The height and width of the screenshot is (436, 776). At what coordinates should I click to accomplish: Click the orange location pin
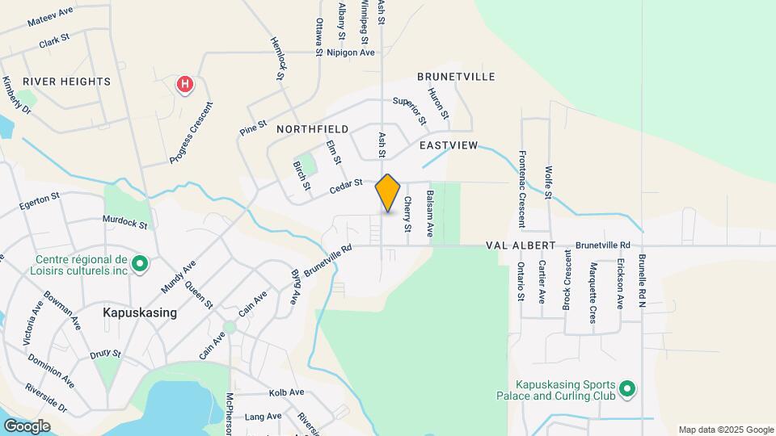pyautogui.click(x=388, y=192)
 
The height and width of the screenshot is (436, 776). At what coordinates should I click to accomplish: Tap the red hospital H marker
pyautogui.click(x=185, y=83)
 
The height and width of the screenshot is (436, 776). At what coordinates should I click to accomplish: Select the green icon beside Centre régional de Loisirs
pyautogui.click(x=139, y=263)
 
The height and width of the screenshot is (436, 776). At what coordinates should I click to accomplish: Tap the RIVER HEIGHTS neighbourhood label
pyautogui.click(x=66, y=82)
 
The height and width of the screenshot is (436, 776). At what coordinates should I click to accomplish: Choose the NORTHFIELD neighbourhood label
pyautogui.click(x=312, y=129)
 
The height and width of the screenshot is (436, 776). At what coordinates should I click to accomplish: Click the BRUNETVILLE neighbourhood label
pyautogui.click(x=456, y=76)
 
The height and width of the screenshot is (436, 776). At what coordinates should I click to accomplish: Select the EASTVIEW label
pyautogui.click(x=449, y=145)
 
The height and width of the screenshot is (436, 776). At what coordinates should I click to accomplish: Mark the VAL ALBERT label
pyautogui.click(x=521, y=245)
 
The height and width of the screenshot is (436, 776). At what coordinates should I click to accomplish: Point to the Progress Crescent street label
pyautogui.click(x=192, y=133)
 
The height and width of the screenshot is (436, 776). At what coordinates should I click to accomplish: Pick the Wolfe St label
pyautogui.click(x=548, y=183)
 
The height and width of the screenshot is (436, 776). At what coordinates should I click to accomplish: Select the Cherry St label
pyautogui.click(x=407, y=215)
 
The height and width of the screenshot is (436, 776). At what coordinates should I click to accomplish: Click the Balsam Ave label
pyautogui.click(x=431, y=208)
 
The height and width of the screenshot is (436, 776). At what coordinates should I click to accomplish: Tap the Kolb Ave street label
pyautogui.click(x=285, y=392)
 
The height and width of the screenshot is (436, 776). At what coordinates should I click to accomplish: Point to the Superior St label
pyautogui.click(x=409, y=111)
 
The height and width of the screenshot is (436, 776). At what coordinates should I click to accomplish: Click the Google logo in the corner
pyautogui.click(x=27, y=426)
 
